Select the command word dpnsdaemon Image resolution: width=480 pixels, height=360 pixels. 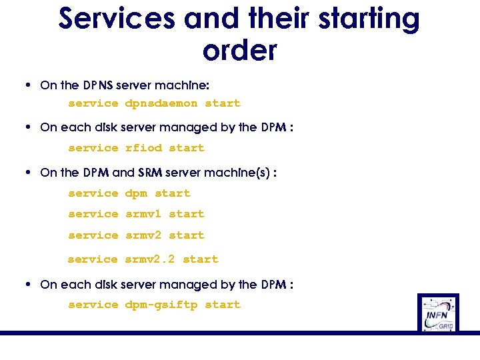point(161,103)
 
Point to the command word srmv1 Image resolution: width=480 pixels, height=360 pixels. point(143,214)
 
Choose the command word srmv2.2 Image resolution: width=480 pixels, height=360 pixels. point(151,259)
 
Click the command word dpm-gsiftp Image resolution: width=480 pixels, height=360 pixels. point(161,305)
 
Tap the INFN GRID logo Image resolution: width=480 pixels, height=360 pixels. point(438,312)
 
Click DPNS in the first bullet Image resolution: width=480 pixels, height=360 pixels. point(98,85)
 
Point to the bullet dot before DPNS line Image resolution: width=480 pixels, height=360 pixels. point(25,85)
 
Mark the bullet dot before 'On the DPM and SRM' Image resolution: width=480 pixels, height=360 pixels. point(25,173)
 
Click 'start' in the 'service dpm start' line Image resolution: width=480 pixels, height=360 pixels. point(173,193)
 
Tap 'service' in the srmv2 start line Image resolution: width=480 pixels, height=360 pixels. point(93,235)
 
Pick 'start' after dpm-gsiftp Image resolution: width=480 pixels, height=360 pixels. point(222,305)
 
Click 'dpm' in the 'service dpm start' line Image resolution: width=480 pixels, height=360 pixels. point(136,193)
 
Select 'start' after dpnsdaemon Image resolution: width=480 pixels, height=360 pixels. point(222,103)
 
